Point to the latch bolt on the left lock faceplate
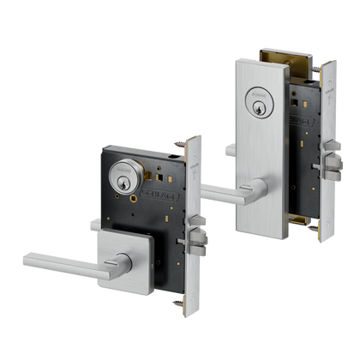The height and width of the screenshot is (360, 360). tap(195, 248)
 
